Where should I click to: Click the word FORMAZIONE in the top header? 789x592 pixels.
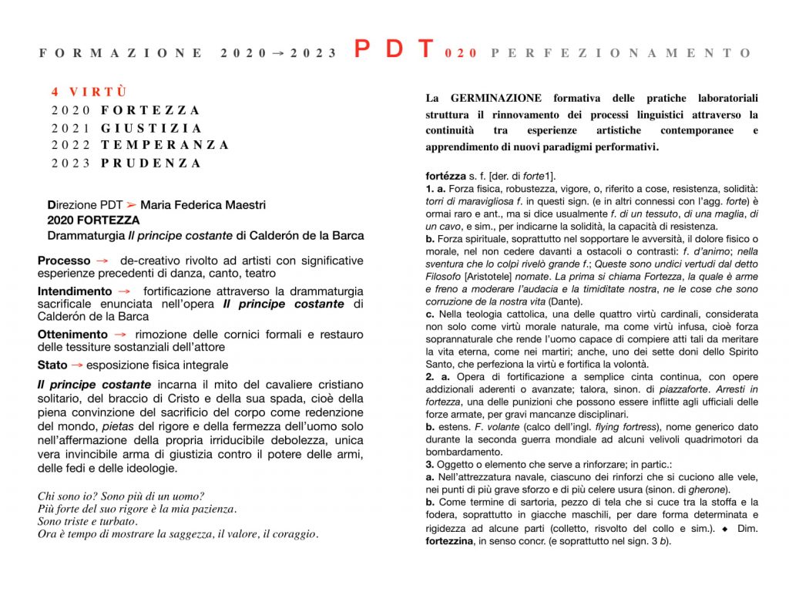click(122, 53)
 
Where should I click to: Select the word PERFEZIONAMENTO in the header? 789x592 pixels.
click(621, 53)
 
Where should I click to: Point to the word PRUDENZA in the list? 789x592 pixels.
click(151, 163)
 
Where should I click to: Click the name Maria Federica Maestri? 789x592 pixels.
click(203, 205)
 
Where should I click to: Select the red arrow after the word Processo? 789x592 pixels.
click(100, 261)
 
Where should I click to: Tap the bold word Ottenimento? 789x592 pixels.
click(72, 335)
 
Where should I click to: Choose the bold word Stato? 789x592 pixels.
click(52, 365)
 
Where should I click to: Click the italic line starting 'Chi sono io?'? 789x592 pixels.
click(121, 496)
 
